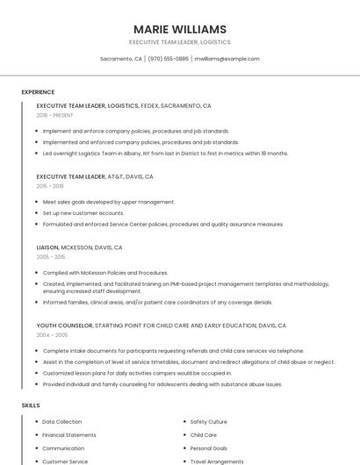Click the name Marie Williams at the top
point(180,29)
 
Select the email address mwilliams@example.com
point(227,59)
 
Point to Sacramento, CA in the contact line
point(121,59)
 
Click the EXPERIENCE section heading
point(38,92)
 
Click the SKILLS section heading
point(31,405)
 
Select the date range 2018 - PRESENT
point(56,115)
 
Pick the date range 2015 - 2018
point(50,186)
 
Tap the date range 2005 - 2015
point(50,257)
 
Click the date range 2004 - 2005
point(52,335)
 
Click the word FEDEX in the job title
point(149,105)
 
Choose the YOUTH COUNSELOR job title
point(64,325)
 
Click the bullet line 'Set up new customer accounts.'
point(83,213)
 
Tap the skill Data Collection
point(61,422)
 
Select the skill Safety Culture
point(208,422)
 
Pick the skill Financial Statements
point(68,435)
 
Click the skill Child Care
point(203,435)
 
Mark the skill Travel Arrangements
point(216,461)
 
